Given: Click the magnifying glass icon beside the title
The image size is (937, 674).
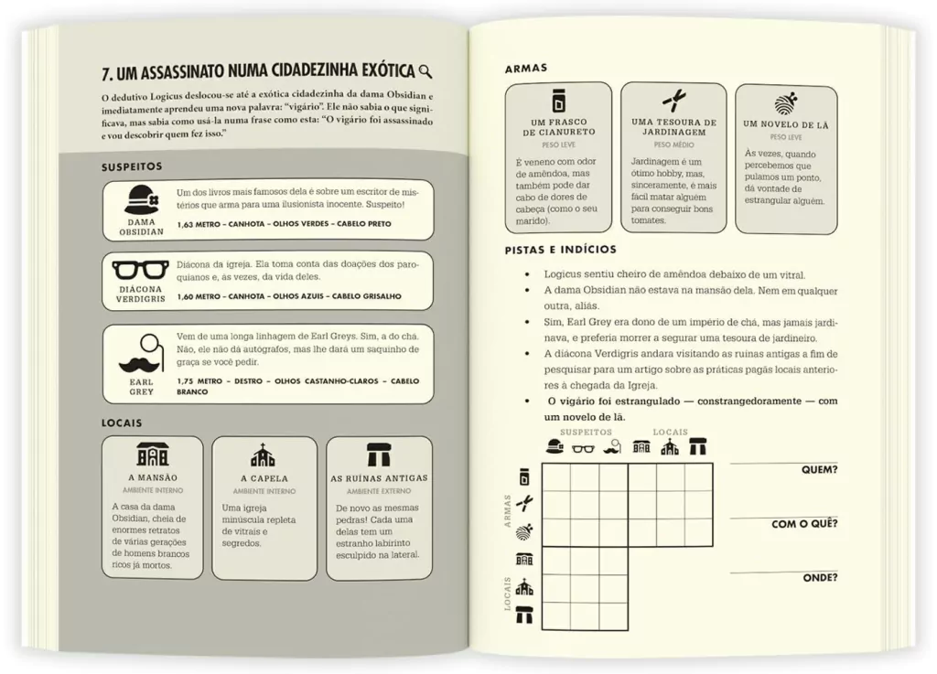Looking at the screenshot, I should tap(425, 72).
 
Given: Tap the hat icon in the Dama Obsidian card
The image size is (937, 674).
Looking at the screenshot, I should tap(141, 198).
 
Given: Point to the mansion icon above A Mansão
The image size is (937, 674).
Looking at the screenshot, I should tap(153, 455).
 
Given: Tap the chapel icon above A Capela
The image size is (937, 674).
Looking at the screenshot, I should tap(264, 455).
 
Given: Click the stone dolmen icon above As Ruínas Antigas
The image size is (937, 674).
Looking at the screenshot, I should tap(378, 455).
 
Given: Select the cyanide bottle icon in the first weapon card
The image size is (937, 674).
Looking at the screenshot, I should tap(558, 101).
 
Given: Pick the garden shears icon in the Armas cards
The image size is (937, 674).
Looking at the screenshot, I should tap(673, 101).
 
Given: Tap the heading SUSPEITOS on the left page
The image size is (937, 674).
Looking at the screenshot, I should tap(132, 166).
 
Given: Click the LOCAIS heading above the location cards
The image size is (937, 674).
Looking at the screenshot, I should tap(122, 423).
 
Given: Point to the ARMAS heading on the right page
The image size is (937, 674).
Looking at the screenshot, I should tap(526, 69).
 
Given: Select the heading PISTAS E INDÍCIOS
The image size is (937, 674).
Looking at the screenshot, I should tap(560, 250).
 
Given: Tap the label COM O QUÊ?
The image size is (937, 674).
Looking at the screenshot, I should tap(804, 524).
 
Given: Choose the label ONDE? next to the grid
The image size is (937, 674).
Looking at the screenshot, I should tap(820, 577).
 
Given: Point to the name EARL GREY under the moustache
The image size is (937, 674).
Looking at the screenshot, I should tap(142, 386).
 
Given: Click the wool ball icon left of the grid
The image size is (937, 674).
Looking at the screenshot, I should tap(524, 530).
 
